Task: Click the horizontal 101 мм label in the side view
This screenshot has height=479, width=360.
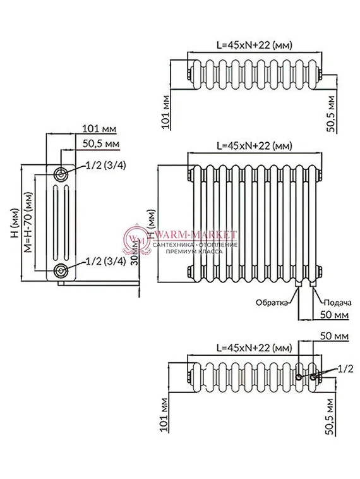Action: [x=99, y=129]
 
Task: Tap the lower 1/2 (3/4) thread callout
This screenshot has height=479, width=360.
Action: [x=105, y=261]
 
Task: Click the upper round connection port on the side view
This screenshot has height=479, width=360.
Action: [x=61, y=174]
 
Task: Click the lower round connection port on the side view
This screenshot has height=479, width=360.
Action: [x=61, y=271]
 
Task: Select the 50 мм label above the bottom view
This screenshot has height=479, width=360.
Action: [x=333, y=335]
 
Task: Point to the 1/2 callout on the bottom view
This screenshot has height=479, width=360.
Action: [x=345, y=367]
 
